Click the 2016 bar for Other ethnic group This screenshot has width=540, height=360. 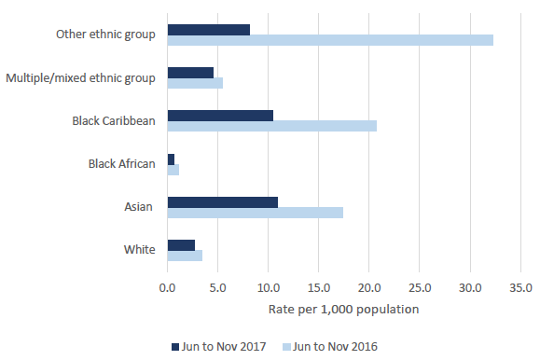pos(330,40)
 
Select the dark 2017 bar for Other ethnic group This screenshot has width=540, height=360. pos(209,30)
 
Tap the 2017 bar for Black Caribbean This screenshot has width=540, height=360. pos(220,116)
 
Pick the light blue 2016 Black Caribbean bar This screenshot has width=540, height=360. pos(272,126)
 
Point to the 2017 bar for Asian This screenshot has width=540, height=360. pos(223,202)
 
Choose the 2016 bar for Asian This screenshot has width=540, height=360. pos(256,213)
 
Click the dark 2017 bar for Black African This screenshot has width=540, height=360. pos(171,159)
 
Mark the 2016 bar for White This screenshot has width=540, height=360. pos(185,256)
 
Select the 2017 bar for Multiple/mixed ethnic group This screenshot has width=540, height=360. pos(190,73)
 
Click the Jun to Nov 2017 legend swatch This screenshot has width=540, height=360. pos(175,347)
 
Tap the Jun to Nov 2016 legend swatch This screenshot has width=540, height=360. pos(286,347)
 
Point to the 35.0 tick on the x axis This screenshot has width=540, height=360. pos(521,287)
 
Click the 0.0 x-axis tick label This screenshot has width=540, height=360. pos(167,287)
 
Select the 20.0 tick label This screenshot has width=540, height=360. pos(369,287)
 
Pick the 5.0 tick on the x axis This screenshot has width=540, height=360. pos(217,287)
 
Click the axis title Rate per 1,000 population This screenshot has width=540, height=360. pos(344,310)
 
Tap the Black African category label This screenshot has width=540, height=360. pos(122,163)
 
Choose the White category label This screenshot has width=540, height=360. pos(140,249)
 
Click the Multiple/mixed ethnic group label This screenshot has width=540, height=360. pos(80,78)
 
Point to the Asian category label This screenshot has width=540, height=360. pos(138,207)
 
